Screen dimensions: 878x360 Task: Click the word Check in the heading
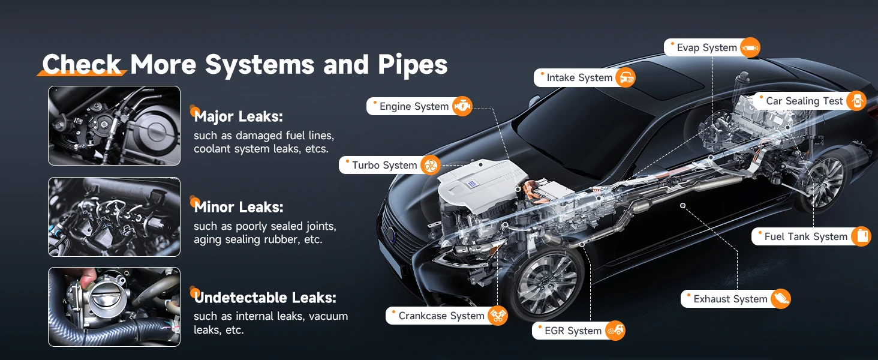coord(82,64)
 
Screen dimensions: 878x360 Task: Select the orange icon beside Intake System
coord(625,77)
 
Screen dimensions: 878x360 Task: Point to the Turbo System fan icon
coord(431,165)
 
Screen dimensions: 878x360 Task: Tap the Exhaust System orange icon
coord(780,299)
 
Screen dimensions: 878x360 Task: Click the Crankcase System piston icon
coord(498,316)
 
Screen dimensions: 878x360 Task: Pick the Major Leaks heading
coord(238,116)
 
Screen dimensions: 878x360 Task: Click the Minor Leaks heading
coord(238,207)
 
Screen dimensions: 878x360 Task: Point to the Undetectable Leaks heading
coord(265,298)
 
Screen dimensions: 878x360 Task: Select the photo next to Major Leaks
coord(114,125)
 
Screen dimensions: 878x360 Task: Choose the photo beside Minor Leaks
coord(114,217)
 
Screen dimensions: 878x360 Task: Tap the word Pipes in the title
coord(413,65)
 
